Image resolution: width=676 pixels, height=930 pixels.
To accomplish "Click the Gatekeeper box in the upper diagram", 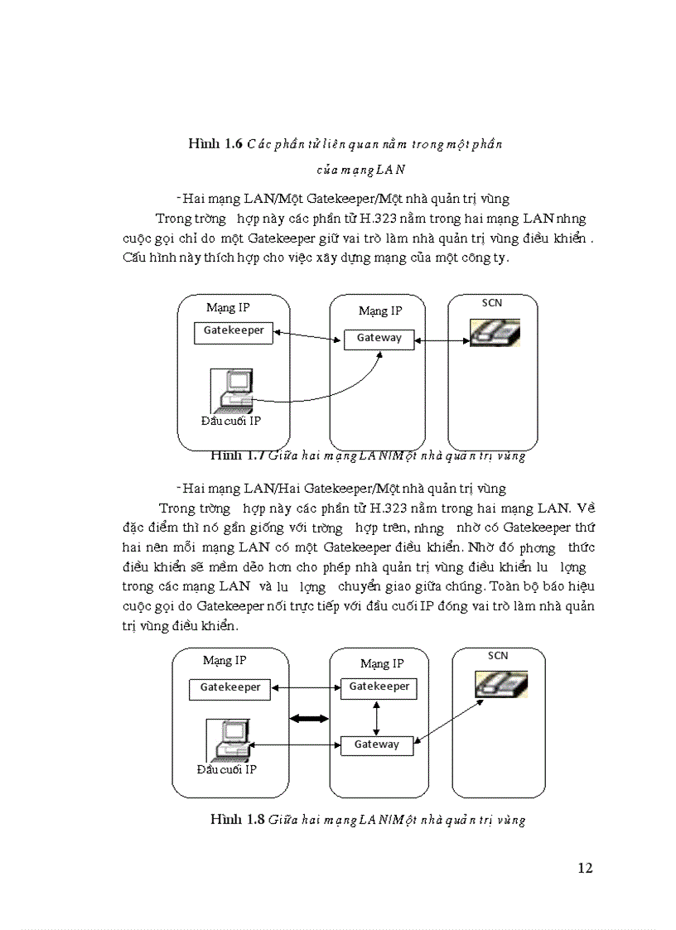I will pyautogui.click(x=234, y=331).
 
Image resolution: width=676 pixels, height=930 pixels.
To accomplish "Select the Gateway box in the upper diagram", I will pyautogui.click(x=379, y=338).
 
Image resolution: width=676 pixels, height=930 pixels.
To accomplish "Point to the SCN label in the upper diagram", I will pyautogui.click(x=492, y=303).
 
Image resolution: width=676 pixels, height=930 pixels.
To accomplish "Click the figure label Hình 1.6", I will pyautogui.click(x=215, y=143).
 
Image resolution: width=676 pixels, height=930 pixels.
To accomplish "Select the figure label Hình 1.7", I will pyautogui.click(x=237, y=455).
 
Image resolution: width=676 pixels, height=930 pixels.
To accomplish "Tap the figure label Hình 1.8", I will pyautogui.click(x=237, y=820).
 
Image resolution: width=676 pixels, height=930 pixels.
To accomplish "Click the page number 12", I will pyautogui.click(x=585, y=868).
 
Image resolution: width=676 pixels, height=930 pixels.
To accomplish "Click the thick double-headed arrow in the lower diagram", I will pyautogui.click(x=310, y=718).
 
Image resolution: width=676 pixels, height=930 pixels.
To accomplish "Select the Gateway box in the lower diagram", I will pyautogui.click(x=376, y=744).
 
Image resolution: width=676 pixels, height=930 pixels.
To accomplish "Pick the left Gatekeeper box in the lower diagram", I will pyautogui.click(x=229, y=687).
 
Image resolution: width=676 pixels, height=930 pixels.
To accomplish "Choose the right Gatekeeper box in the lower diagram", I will pyautogui.click(x=379, y=687).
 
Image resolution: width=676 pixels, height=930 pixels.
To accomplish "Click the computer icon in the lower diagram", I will pyautogui.click(x=229, y=740).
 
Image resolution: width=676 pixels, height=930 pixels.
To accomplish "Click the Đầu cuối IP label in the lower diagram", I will pyautogui.click(x=226, y=769).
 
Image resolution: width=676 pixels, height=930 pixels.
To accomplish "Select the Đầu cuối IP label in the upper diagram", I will pyautogui.click(x=231, y=421).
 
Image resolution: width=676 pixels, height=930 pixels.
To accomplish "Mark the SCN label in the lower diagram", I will pyautogui.click(x=497, y=655).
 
